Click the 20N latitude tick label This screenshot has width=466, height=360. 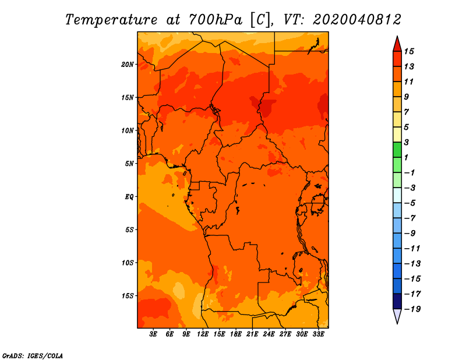coord(128,65)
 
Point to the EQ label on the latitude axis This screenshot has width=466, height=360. coord(129,197)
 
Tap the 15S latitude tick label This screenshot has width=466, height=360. coord(128,296)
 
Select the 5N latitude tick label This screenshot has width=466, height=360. coord(129,164)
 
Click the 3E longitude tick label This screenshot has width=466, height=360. coord(153,334)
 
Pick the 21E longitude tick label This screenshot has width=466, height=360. coord(252,334)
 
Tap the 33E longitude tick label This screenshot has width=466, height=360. coord(318,334)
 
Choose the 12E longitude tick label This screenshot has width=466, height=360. coord(203,334)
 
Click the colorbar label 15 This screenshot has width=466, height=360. coord(409,51)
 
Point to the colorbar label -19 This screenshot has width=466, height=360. coord(412,309)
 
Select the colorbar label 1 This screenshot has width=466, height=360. coord(407,157)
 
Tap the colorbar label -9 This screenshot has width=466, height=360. coord(410,234)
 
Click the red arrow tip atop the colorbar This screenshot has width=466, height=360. coord(397,37)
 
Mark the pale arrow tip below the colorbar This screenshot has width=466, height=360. coord(397,323)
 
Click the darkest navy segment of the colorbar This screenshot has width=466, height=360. coord(397,301)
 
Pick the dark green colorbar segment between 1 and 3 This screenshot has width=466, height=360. coord(397,150)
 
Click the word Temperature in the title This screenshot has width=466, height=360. coord(111,20)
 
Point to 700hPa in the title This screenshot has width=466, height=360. coord(216,20)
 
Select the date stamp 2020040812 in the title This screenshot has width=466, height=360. coord(356,20)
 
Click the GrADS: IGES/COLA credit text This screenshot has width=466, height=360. coord(33,356)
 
